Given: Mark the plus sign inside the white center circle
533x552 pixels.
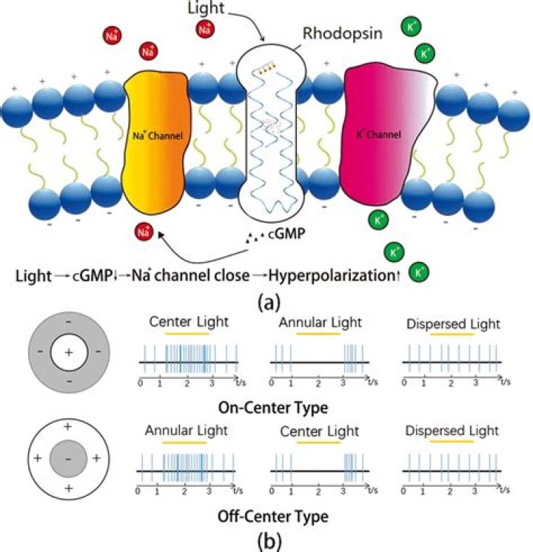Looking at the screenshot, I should [x=67, y=353].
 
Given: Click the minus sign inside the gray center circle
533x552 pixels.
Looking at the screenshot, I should [x=67, y=460].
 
